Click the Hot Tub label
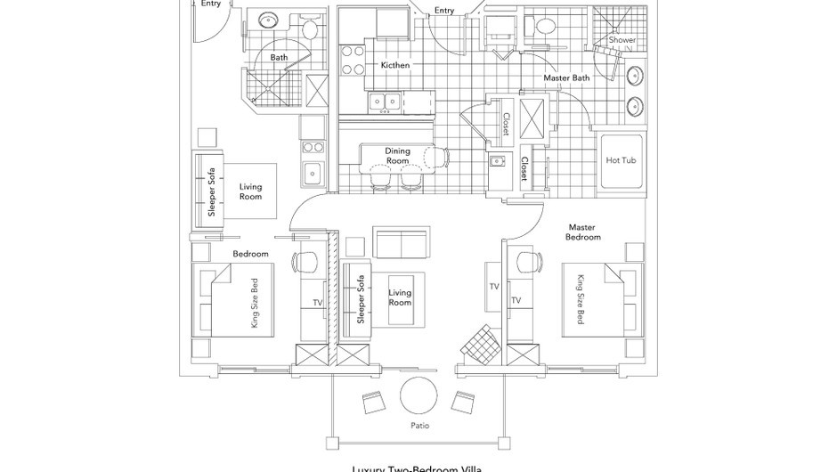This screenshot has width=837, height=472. [x=620, y=160]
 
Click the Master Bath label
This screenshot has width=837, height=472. [x=566, y=78]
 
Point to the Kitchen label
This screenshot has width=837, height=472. [x=395, y=65]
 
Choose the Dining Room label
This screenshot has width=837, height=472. [x=397, y=156]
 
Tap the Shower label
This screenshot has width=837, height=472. [x=622, y=40]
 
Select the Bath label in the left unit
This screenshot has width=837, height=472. [x=280, y=57]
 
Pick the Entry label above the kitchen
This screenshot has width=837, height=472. [x=444, y=11]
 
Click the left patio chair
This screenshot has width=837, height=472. [x=372, y=403]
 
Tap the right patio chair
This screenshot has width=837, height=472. [x=462, y=403]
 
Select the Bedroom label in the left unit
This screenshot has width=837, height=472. [x=250, y=254]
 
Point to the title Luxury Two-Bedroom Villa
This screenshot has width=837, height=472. [x=418, y=467]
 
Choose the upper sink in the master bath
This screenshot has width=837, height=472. [x=636, y=75]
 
